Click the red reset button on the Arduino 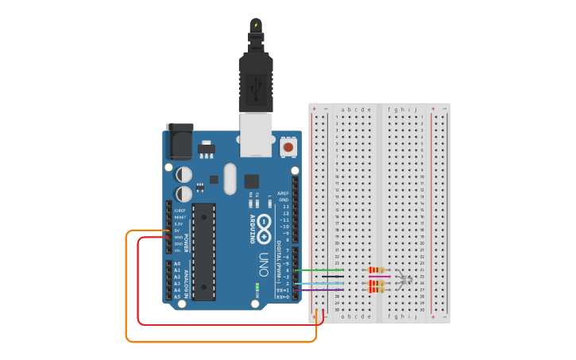click(x=288, y=147)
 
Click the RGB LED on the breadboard click(x=403, y=279)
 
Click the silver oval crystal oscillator click(x=230, y=179)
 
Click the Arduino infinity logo click(x=265, y=223)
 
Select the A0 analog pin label click(x=177, y=263)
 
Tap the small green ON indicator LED click(x=257, y=284)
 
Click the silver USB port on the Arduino click(x=255, y=133)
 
